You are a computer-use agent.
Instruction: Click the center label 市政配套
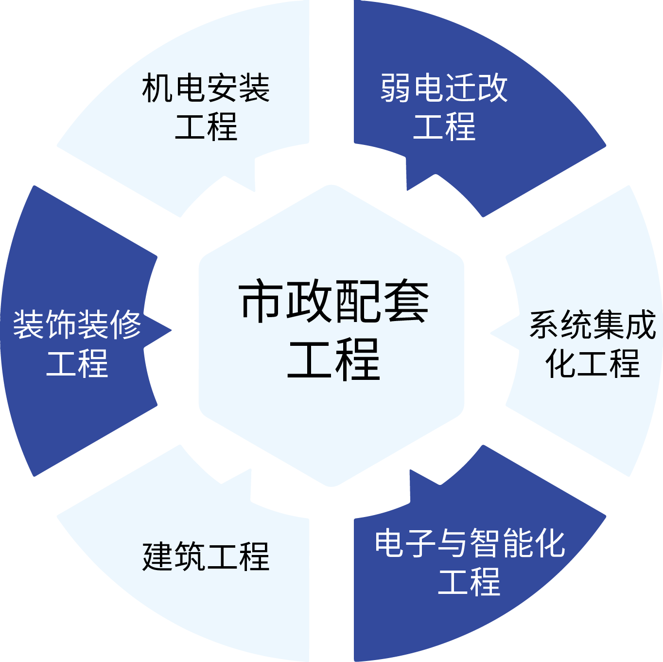(x=333, y=302)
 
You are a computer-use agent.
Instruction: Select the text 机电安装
(x=206, y=88)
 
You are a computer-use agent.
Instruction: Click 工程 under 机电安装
(x=206, y=126)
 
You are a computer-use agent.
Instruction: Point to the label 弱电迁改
(x=444, y=88)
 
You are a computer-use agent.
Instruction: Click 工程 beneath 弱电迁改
(x=444, y=126)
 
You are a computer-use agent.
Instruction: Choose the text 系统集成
(x=593, y=325)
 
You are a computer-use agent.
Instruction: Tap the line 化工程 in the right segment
(x=593, y=363)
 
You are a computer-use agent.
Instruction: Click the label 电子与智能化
(x=470, y=543)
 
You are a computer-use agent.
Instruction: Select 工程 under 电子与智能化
(x=470, y=581)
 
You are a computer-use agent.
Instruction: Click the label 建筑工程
(x=206, y=556)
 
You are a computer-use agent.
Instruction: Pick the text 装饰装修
(x=77, y=325)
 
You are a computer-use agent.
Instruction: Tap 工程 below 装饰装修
(x=77, y=363)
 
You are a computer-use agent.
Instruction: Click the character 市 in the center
(x=261, y=302)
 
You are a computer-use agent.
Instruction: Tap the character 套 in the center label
(x=406, y=302)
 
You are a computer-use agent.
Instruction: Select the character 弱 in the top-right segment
(x=396, y=88)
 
